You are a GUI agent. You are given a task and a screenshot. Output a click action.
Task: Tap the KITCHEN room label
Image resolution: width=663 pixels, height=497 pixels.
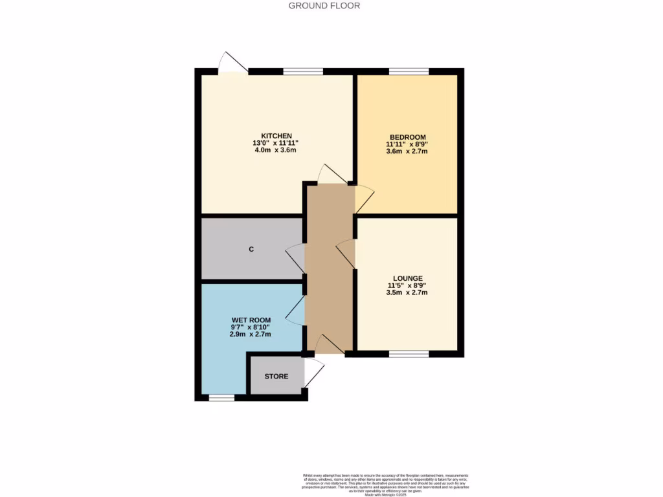coord(272,135)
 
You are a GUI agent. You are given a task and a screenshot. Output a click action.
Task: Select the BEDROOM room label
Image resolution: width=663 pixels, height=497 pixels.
coord(407,137)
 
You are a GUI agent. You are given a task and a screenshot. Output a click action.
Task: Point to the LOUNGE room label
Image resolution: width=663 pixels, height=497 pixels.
coord(407,278)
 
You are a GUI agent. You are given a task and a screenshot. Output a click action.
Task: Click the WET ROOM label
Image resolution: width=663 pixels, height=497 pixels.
coord(251,320)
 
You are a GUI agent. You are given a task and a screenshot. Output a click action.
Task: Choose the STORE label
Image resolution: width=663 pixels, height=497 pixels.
coord(276,376)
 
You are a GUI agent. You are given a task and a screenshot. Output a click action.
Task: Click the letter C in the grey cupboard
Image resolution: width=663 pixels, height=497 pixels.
coord(251,250)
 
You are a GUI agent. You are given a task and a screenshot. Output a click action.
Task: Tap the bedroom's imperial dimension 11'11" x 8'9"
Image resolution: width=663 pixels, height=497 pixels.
coord(407,144)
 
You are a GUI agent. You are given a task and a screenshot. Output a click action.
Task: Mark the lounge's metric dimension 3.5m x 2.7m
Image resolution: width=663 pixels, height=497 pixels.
coord(407,293)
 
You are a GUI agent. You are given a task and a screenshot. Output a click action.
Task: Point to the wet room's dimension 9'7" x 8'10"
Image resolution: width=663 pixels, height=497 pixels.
coord(251,327)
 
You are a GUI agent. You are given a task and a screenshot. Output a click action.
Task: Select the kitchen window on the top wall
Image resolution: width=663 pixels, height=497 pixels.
coord(303,71)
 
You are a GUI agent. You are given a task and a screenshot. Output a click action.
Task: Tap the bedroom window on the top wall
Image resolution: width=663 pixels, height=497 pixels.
coord(408,71)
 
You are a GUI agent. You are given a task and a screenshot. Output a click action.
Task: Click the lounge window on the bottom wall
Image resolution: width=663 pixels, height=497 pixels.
coord(409,354)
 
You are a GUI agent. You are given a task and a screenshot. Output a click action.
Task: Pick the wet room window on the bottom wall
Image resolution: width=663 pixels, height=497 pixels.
coord(221,398)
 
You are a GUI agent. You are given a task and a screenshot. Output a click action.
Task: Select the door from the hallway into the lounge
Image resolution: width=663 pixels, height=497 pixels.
coord(346,252)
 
